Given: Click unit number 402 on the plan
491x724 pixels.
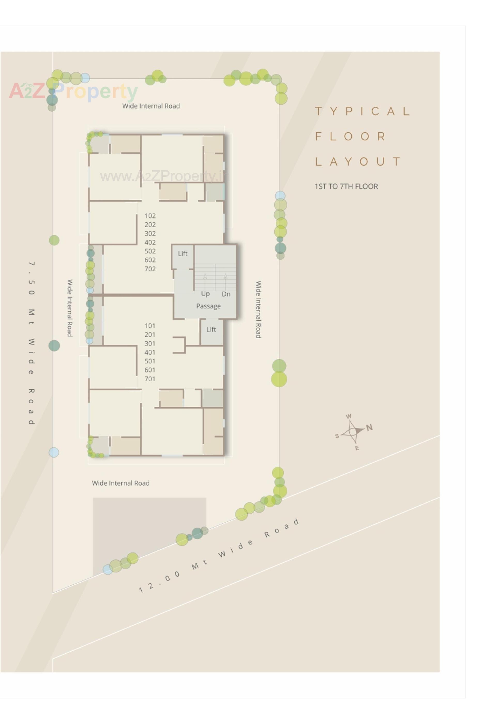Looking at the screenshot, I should coord(150,242).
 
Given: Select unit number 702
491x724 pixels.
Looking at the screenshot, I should coord(150,269).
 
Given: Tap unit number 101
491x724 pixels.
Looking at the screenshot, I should coord(150,326).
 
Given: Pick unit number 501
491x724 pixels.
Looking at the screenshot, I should coord(150,361).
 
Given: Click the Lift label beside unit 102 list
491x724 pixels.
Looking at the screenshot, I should coord(183,254).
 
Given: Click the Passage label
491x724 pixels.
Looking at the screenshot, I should coord(208,306).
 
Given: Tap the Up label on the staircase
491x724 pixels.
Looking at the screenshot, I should coord(205,294).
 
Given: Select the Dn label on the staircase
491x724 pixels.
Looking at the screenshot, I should coord(226,294).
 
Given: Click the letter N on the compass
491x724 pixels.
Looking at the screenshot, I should coord(369,427).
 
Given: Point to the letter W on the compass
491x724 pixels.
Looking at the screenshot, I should coord(349,417).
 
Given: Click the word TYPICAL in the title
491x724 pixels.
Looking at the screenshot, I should coord(363,111).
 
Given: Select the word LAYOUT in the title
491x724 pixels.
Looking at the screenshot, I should coord(358,161).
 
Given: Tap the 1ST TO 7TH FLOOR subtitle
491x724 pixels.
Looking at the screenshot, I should coord(346,186).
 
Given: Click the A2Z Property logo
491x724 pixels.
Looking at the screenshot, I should coord(73,91).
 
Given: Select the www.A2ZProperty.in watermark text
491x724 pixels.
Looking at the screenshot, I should coord(164,177).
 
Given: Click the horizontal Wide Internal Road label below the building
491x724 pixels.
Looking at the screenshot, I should coord(120,483).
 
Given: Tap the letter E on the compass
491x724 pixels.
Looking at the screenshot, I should coord(357,448).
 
